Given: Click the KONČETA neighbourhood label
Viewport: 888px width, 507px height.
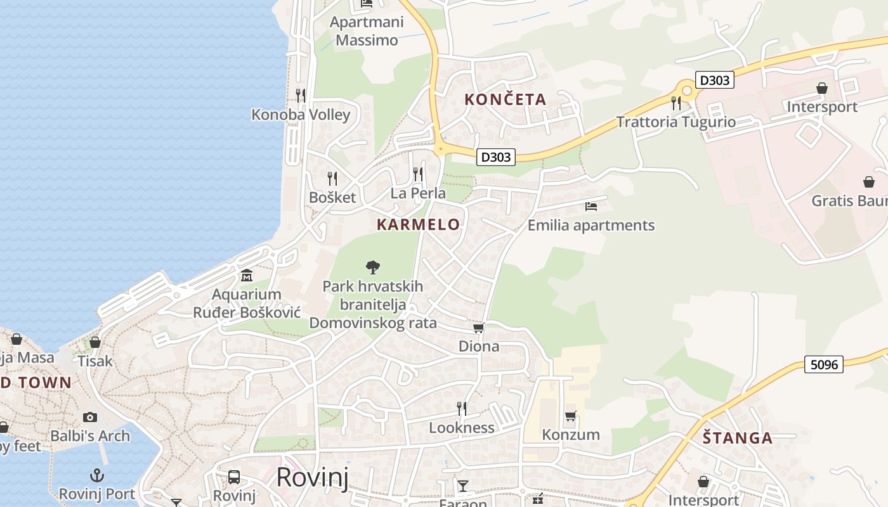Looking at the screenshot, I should click(x=505, y=99).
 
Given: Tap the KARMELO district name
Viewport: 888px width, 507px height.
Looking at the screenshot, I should click(x=418, y=224).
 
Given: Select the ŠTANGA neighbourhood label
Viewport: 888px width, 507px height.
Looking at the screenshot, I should click(x=738, y=438).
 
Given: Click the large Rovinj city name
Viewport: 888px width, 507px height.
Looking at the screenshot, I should click(x=312, y=477).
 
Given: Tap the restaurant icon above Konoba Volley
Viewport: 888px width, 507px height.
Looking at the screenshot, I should click(x=301, y=96).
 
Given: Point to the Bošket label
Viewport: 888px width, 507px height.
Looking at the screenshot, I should click(x=332, y=197).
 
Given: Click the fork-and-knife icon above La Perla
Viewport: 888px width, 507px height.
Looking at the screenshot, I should click(x=418, y=174).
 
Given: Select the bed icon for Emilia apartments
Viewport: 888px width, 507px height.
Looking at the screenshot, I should click(x=591, y=207).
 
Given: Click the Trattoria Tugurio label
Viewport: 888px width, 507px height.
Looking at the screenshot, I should click(x=676, y=122).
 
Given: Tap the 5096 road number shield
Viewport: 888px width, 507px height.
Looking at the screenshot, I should click(x=824, y=364).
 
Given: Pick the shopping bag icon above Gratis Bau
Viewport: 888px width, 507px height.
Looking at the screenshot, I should click(x=869, y=183).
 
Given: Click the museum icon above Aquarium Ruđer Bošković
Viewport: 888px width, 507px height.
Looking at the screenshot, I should click(x=247, y=276).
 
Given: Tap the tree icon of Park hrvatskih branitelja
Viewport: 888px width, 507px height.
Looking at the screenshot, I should click(x=373, y=267).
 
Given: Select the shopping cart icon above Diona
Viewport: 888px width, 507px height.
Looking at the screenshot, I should click(x=479, y=328).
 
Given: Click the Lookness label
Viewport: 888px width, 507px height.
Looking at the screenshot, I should click(x=462, y=428).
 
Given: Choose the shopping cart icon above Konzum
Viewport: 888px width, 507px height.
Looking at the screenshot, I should click(x=571, y=416).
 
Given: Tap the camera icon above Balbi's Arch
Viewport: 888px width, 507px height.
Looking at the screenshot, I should click(x=90, y=417).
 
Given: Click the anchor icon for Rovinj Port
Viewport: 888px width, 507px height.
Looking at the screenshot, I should click(x=97, y=475).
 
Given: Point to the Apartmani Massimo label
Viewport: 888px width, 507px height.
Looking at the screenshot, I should click(x=367, y=31).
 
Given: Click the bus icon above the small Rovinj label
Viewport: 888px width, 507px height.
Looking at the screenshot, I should click(x=234, y=477).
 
